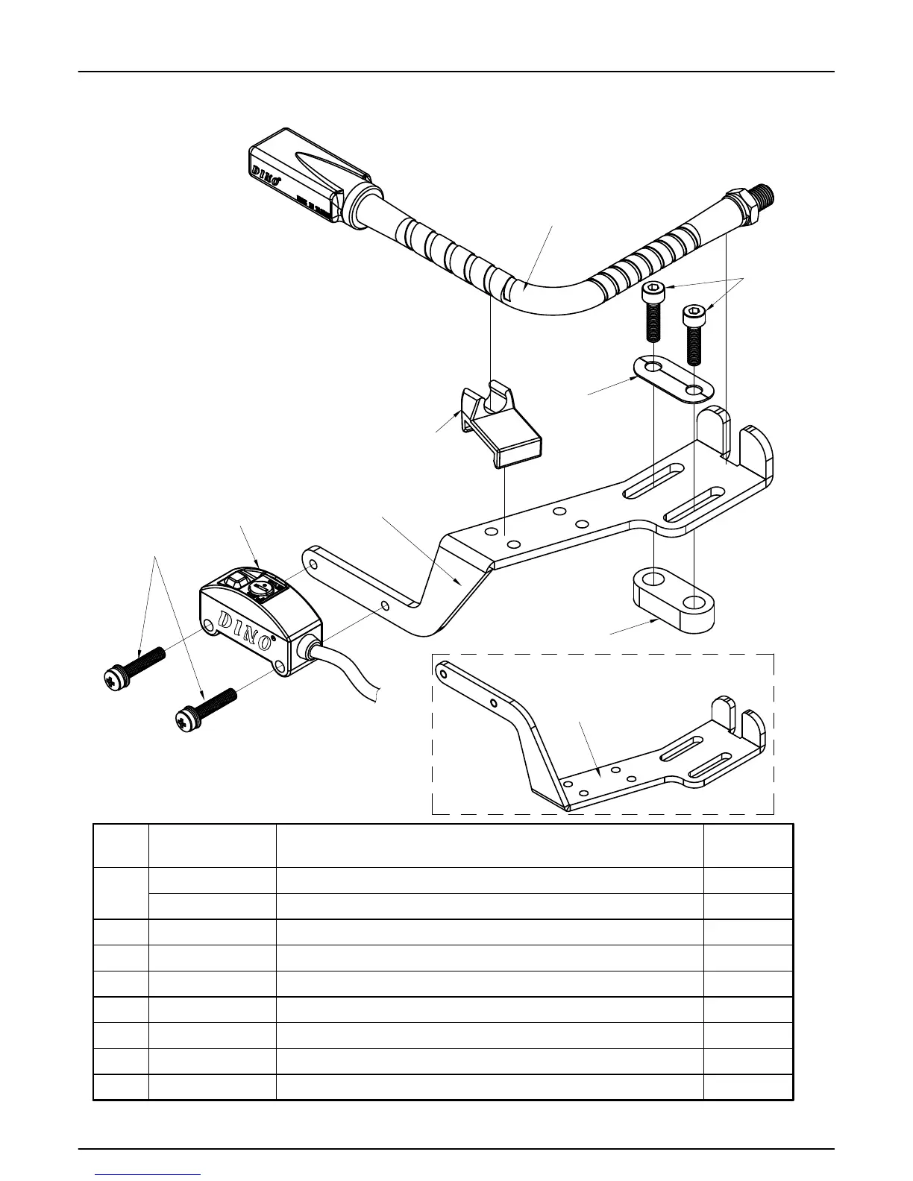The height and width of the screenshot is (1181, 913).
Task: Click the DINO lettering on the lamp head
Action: (265, 171)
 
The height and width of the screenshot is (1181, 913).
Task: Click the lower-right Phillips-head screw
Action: (206, 708)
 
